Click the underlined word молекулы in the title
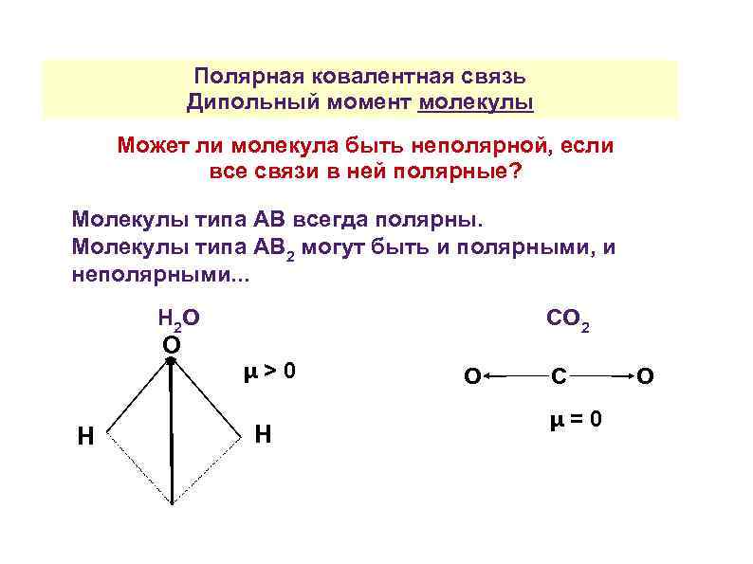(475, 101)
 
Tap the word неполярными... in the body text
(157, 275)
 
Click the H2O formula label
(177, 319)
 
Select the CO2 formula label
(568, 319)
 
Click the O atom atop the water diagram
(171, 343)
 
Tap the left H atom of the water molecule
(85, 435)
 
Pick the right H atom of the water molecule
(264, 434)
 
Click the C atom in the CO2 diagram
(560, 377)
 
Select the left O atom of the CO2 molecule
(470, 377)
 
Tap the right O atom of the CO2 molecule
(645, 377)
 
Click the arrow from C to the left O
(512, 377)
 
